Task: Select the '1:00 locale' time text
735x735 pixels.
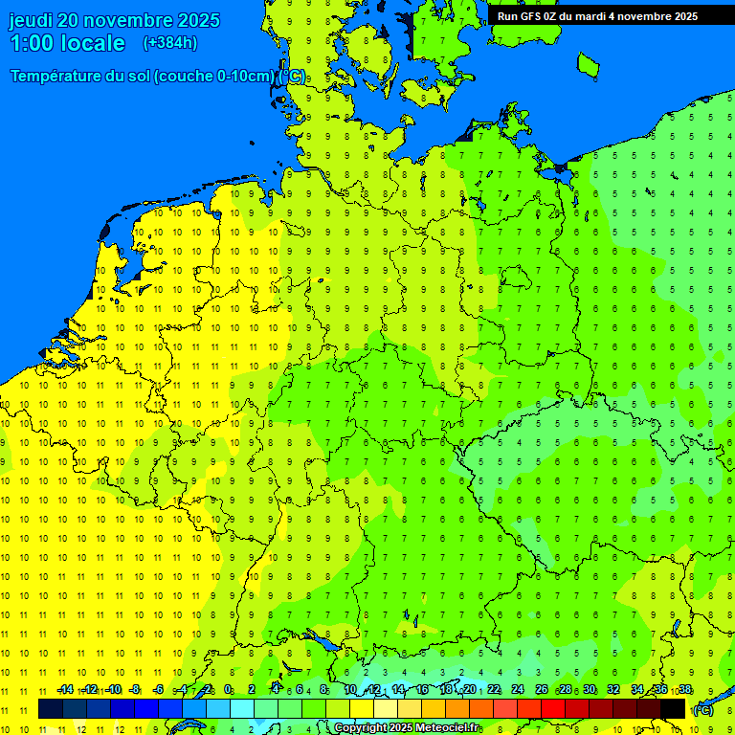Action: [67, 43]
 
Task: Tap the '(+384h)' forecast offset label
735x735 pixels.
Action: [170, 43]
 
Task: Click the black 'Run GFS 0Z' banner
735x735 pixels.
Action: [597, 16]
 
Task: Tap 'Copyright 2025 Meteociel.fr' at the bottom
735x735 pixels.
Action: [406, 728]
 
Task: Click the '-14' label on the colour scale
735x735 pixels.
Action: [65, 690]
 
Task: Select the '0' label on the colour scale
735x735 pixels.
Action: [228, 690]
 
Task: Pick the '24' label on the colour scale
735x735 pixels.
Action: [518, 690]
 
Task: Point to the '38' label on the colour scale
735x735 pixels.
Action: [684, 690]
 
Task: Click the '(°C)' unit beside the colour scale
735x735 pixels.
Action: [703, 709]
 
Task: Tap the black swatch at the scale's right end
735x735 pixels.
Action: [673, 708]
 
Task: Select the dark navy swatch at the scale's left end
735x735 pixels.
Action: [50, 708]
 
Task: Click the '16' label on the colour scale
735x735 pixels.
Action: [422, 690]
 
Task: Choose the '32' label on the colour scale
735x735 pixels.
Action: [613, 690]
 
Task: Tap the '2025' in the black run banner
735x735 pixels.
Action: [683, 16]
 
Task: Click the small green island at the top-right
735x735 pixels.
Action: [588, 64]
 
